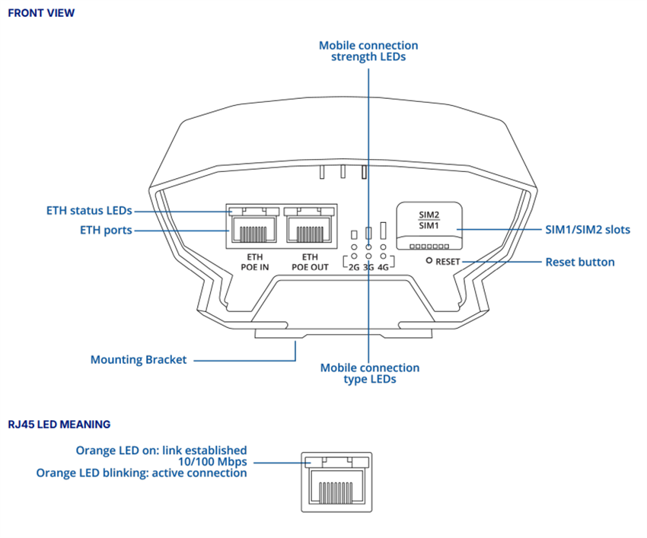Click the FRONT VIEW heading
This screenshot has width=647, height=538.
pyautogui.click(x=41, y=13)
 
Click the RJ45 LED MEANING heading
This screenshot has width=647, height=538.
pyautogui.click(x=59, y=424)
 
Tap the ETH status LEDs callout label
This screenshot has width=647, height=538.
pyautogui.click(x=88, y=210)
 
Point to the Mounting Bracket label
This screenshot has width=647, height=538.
pyautogui.click(x=138, y=360)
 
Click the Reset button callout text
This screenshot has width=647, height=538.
pyautogui.click(x=579, y=262)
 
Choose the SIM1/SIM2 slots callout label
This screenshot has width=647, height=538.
pyautogui.click(x=588, y=229)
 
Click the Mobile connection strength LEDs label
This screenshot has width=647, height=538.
pyautogui.click(x=368, y=51)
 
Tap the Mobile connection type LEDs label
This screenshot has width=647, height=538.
pyautogui.click(x=369, y=373)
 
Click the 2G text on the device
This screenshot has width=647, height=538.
pyautogui.click(x=352, y=268)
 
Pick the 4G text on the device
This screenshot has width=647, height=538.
pyautogui.click(x=383, y=268)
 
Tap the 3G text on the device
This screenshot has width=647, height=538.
pyautogui.click(x=368, y=268)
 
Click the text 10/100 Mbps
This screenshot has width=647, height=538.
pyautogui.click(x=212, y=462)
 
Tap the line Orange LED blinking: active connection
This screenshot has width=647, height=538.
pyautogui.click(x=142, y=473)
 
